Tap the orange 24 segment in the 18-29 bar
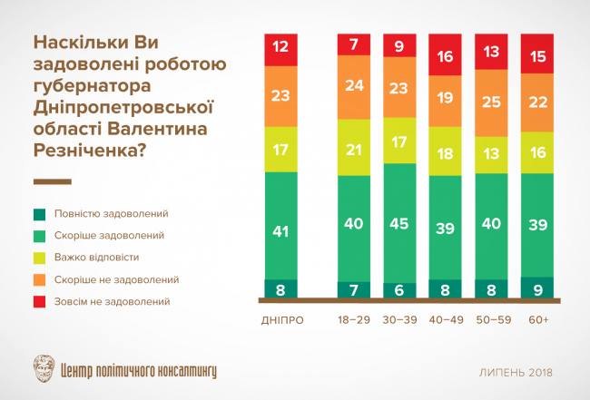pyautogui.click(x=353, y=87)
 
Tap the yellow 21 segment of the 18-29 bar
pyautogui.click(x=353, y=147)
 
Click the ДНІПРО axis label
pyautogui.click(x=280, y=320)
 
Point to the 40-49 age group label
pyautogui.click(x=447, y=320)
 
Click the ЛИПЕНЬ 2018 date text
pyautogui.click(x=516, y=373)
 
